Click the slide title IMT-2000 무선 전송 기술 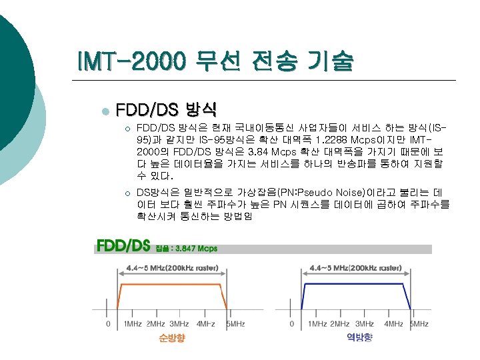(215, 62)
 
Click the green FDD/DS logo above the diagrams (123, 247)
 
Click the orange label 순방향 (172, 338)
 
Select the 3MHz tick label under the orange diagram (179, 324)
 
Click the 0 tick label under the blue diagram (292, 324)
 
